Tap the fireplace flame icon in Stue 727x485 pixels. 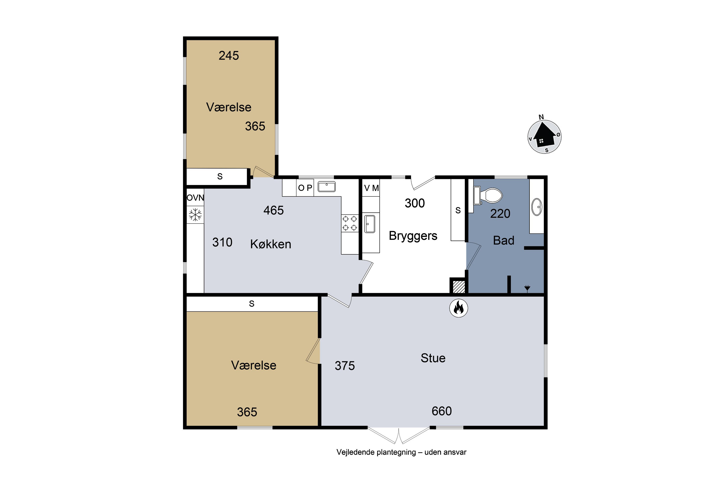(x=458, y=308)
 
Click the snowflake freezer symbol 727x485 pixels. (x=195, y=215)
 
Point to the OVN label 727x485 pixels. (x=195, y=198)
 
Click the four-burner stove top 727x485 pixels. (x=350, y=223)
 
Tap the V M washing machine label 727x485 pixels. (x=371, y=188)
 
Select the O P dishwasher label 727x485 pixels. (x=305, y=188)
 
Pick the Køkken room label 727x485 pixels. (x=271, y=244)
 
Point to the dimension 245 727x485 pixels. (x=229, y=56)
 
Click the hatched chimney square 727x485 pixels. (x=459, y=286)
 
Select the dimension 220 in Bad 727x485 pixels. (x=500, y=214)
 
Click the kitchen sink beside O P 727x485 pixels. (x=327, y=187)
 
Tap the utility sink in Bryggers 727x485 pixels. (x=370, y=224)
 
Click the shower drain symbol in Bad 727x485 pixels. (x=527, y=288)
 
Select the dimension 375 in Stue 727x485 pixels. (x=345, y=366)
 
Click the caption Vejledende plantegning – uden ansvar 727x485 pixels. (x=401, y=452)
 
